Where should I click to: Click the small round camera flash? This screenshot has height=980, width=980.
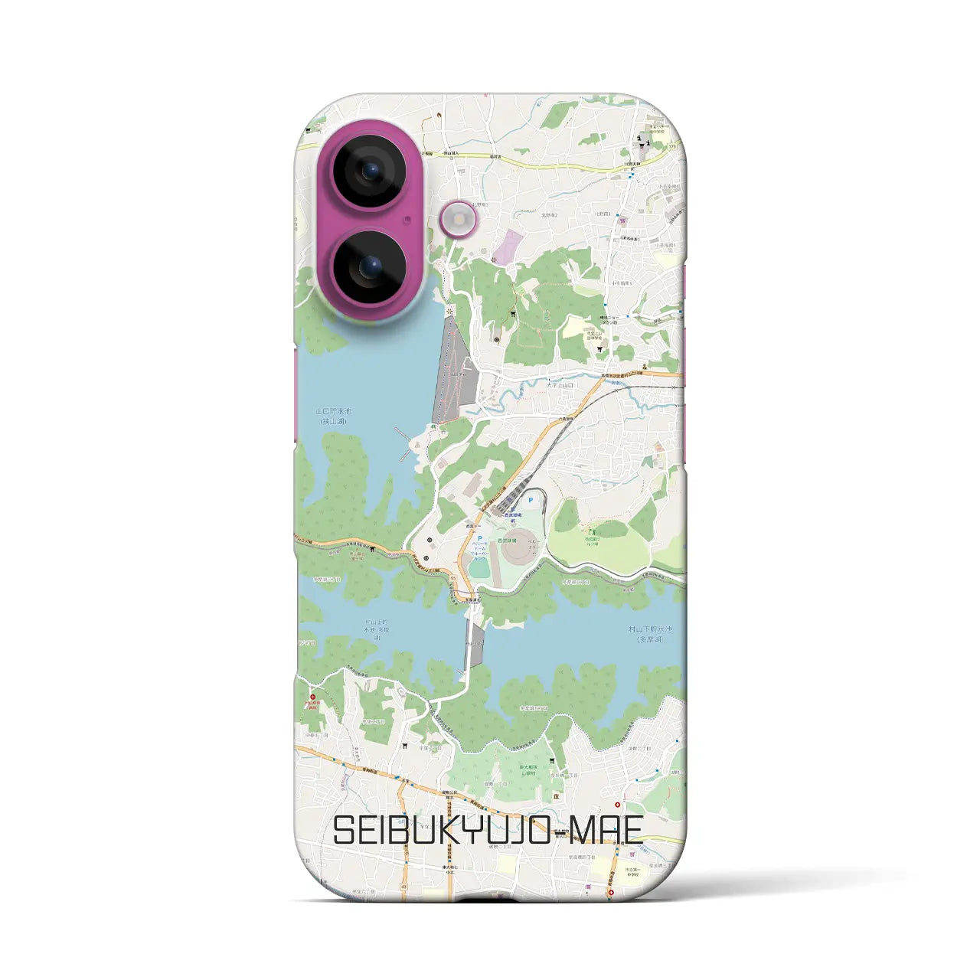[459, 220]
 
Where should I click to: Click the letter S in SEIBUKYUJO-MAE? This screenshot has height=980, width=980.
[345, 830]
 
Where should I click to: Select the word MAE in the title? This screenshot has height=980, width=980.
[605, 830]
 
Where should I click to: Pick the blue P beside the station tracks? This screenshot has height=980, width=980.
[531, 500]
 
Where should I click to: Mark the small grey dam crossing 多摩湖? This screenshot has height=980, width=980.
[476, 645]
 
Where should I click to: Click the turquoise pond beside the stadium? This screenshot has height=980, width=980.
[479, 569]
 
